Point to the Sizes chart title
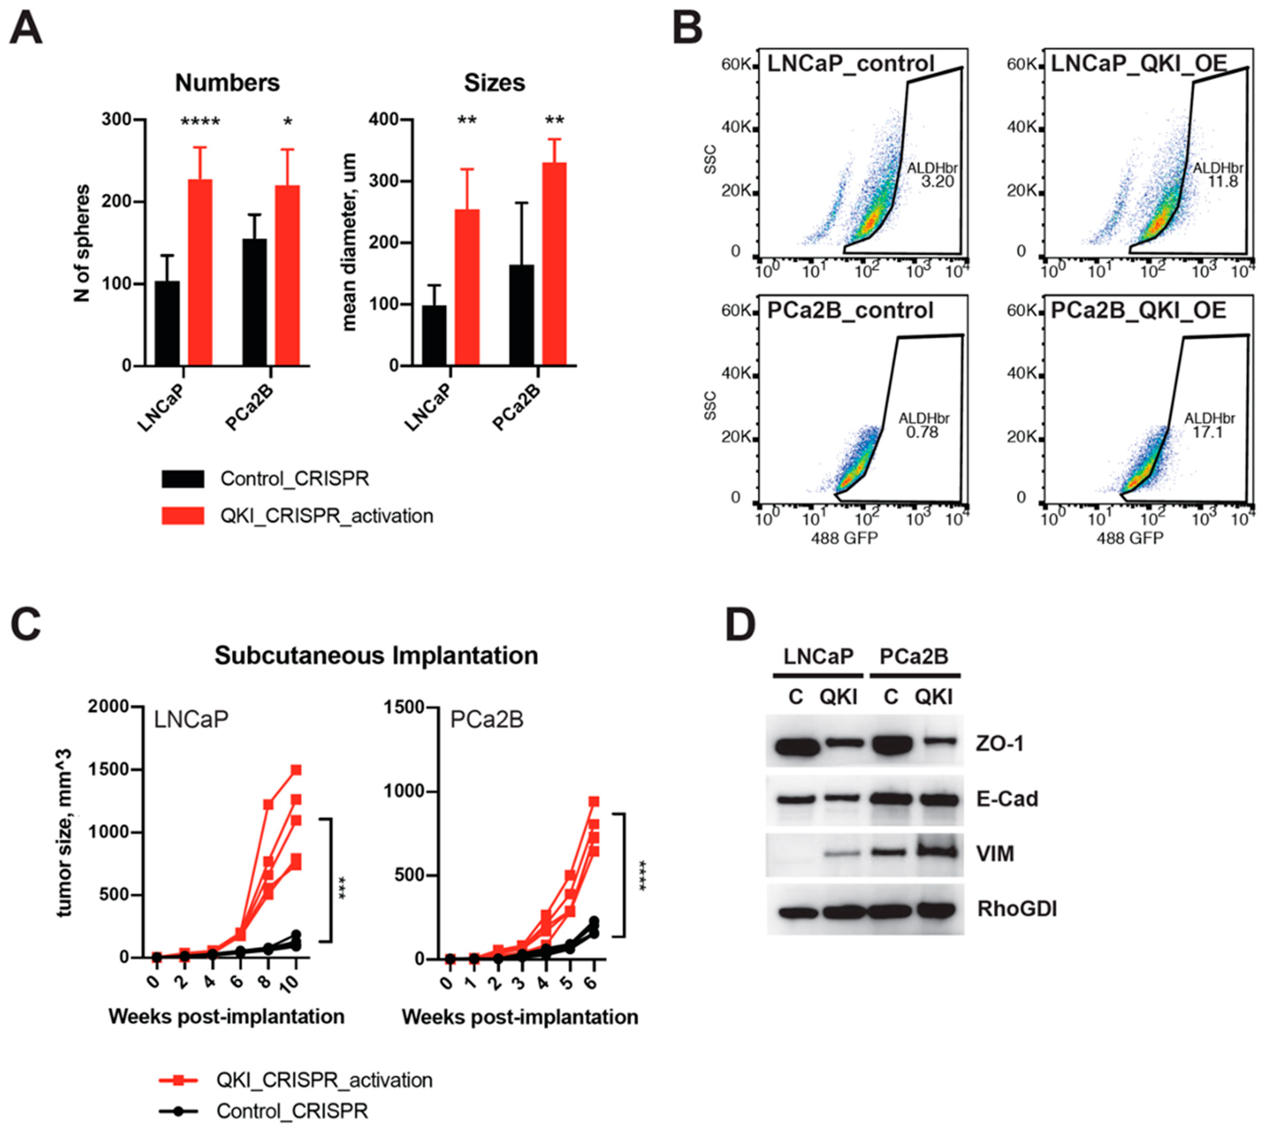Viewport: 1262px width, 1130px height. (x=494, y=83)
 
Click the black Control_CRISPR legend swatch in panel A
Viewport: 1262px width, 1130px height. (x=182, y=479)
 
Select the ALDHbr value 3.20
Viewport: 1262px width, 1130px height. (x=937, y=182)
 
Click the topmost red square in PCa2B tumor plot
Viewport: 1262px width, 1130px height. (x=594, y=802)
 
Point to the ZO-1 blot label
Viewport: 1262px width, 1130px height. (x=999, y=743)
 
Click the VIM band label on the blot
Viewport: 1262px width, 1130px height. (x=996, y=854)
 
